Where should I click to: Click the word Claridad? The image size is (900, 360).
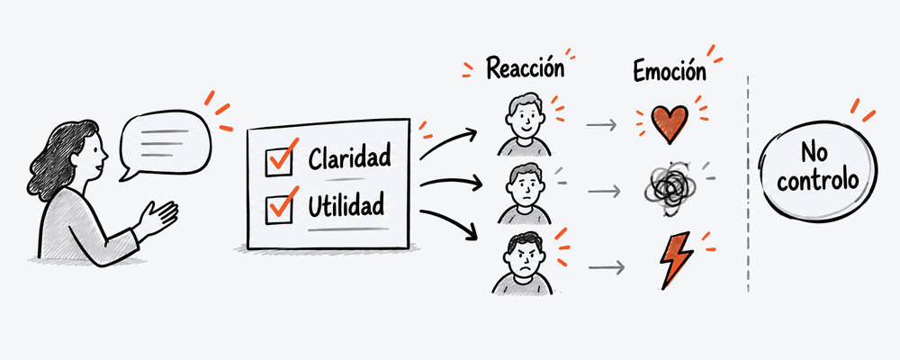(x=349, y=157)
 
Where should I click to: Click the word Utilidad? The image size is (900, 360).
(x=346, y=205)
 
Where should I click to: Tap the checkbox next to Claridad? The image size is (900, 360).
(x=280, y=161)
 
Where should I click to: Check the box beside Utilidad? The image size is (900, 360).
(x=279, y=210)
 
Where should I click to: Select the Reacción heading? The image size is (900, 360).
(x=526, y=68)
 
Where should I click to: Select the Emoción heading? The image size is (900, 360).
(x=670, y=71)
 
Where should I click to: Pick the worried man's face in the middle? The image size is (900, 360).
(x=524, y=185)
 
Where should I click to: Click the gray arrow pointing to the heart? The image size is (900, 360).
(x=601, y=124)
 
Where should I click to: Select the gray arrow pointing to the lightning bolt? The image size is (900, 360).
(x=606, y=267)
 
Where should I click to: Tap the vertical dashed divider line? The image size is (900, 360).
(x=748, y=184)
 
